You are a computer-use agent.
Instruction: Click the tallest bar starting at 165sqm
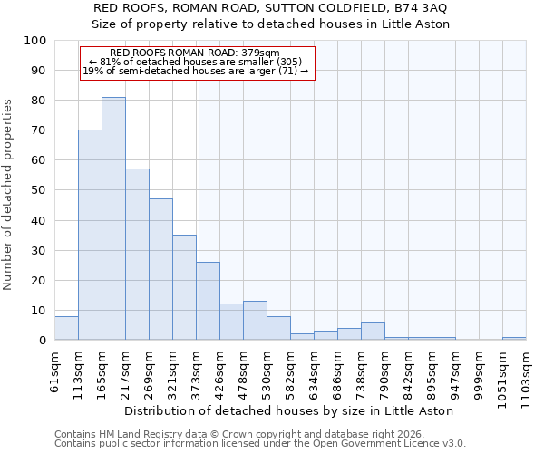coord(113,218)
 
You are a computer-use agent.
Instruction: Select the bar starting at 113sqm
coord(90,235)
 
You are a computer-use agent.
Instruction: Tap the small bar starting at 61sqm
coord(66,328)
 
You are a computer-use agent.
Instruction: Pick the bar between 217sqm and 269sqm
coord(137,255)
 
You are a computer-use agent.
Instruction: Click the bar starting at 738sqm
coord(373,332)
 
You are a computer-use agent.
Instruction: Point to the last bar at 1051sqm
coord(514,339)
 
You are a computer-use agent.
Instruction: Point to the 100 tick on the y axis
coord(36,41)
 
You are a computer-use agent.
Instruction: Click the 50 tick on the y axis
coord(39,190)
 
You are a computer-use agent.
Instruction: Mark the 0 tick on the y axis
coord(43,341)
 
